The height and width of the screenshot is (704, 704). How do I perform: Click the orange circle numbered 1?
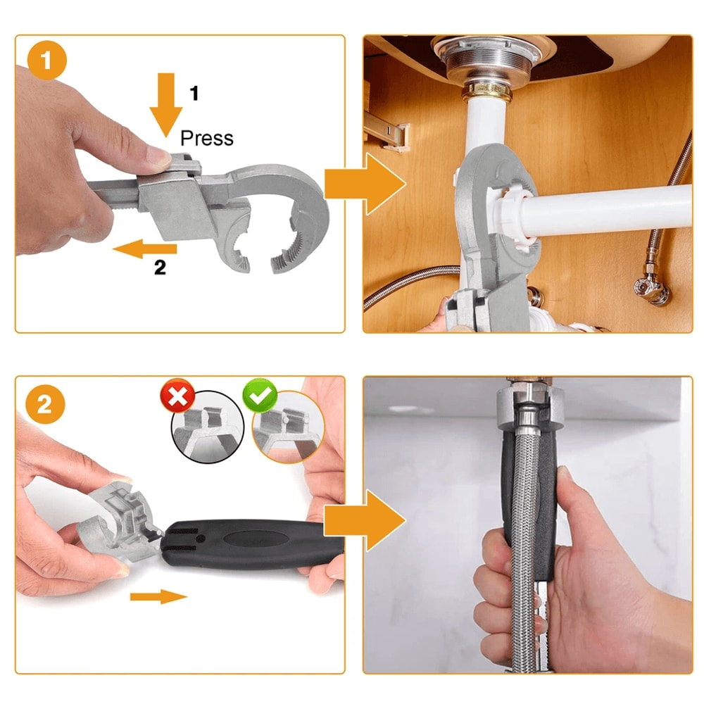(46, 60)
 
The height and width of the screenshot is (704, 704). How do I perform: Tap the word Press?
(207, 138)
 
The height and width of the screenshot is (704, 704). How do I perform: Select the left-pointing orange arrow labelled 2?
(144, 248)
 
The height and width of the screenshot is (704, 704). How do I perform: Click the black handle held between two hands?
(250, 543)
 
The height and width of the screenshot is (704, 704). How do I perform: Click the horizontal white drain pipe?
(612, 211)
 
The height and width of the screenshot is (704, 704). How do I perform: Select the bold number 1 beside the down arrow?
(195, 92)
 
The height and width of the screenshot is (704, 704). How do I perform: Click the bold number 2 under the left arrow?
(160, 268)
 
